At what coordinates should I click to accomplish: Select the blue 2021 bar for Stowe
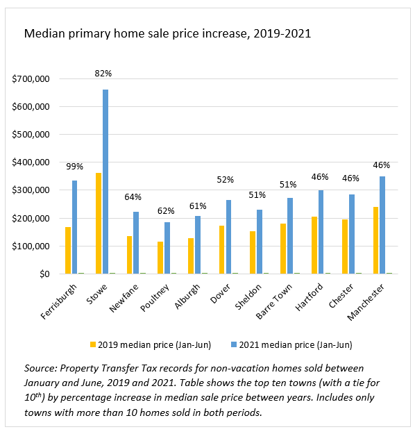(x=105, y=182)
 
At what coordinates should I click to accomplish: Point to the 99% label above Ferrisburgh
(x=74, y=167)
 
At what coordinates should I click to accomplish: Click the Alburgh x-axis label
(x=187, y=295)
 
